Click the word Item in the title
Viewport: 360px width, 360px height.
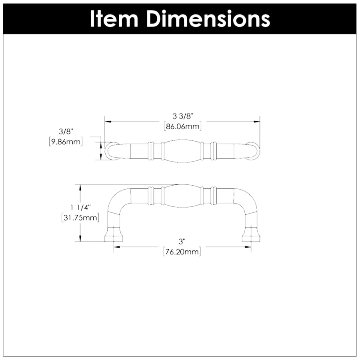(114, 18)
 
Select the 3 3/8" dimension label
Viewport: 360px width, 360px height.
(183, 116)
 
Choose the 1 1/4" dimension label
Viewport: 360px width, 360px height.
(80, 207)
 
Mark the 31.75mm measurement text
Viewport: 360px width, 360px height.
(80, 218)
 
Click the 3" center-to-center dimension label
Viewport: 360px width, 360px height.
(182, 242)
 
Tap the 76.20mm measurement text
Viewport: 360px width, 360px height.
(182, 252)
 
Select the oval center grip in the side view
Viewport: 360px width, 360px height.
(182, 196)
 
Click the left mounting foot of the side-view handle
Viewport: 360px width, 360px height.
(114, 235)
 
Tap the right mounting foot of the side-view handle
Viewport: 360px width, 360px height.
(251, 235)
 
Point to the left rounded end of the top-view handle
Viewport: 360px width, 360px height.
(112, 151)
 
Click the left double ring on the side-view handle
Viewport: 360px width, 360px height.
(151, 196)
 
